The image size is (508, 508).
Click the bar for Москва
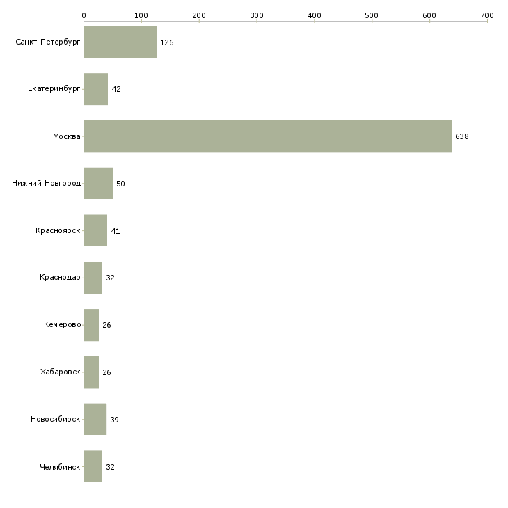(x=267, y=136)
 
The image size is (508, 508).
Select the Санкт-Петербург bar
(x=120, y=42)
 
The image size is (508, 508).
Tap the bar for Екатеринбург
(x=95, y=89)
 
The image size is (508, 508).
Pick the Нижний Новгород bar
(x=98, y=184)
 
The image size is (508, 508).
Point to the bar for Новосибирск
(x=95, y=420)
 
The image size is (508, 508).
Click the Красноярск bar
(x=95, y=231)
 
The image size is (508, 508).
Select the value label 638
(x=462, y=137)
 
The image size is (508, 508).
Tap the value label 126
(x=166, y=42)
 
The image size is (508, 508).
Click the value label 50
(x=120, y=184)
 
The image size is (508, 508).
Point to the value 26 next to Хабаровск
(x=106, y=372)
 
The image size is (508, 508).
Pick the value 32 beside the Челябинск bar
(x=110, y=467)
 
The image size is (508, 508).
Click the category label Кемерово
(x=62, y=325)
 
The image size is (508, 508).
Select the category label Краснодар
(x=60, y=278)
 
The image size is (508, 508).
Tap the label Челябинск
(x=60, y=467)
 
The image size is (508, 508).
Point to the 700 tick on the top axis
(x=487, y=15)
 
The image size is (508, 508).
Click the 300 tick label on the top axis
(x=257, y=15)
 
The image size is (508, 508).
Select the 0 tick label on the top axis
(x=84, y=15)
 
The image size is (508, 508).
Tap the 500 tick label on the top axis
(x=372, y=15)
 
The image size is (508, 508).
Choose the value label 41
(x=116, y=231)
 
